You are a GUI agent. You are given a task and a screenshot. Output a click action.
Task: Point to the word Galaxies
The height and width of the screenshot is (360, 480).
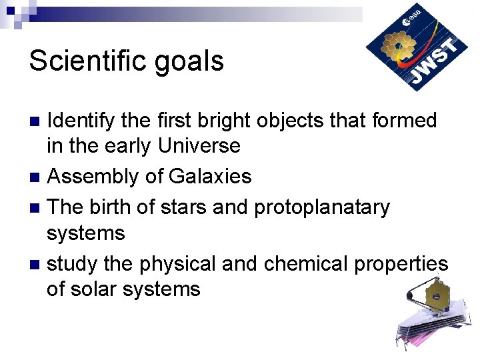click(x=210, y=177)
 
